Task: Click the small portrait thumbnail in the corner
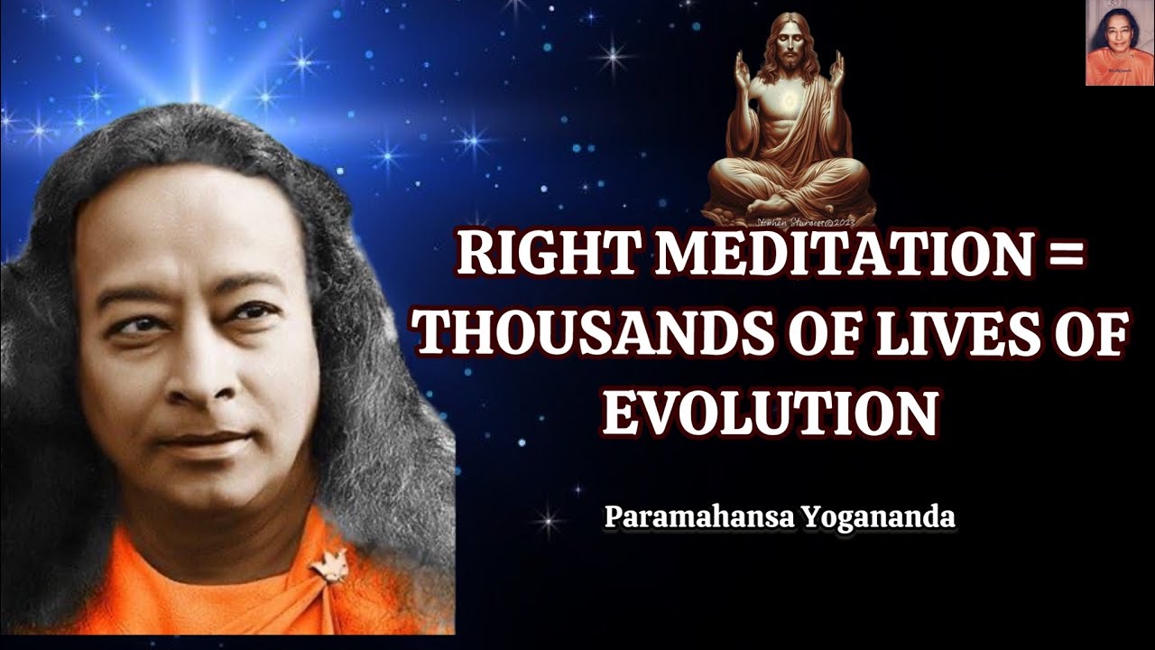point(1119,43)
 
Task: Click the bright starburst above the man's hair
point(193,90)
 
